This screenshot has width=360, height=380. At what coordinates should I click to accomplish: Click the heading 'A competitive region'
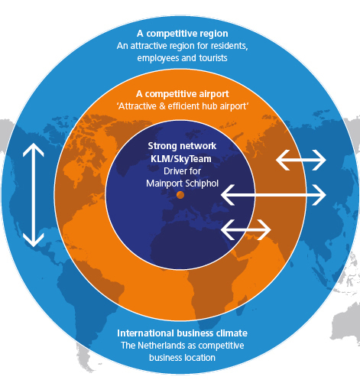pos(183,34)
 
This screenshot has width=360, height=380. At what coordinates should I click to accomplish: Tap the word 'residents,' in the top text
pos(229,46)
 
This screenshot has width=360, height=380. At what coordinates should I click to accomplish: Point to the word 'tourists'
pos(213,58)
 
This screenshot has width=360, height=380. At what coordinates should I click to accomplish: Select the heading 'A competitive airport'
pos(183,94)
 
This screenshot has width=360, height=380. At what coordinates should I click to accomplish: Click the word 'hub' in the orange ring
pos(209,106)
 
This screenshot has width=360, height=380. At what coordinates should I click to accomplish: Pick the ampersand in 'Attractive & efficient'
pos(162,106)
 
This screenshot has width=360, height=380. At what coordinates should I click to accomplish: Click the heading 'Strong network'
pos(182,146)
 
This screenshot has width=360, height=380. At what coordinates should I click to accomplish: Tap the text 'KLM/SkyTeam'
pos(181,159)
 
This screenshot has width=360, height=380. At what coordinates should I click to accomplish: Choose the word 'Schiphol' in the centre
pos(202,184)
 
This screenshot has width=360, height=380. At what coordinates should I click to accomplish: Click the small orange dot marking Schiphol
pos(180,195)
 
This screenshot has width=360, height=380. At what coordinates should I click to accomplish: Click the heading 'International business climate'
pos(182,333)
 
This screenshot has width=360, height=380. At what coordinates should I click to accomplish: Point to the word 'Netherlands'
pos(161,346)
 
